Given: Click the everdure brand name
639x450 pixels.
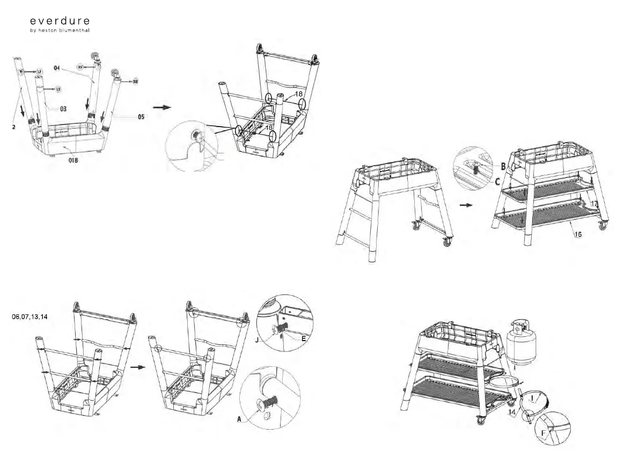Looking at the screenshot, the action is pos(60,21).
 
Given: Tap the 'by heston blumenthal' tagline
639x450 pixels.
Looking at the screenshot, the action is pos(60,31).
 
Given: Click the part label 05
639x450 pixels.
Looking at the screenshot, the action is pos(141,116).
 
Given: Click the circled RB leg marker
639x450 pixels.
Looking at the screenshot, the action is pos(135,82).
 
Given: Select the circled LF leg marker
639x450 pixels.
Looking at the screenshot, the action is pos(39,71).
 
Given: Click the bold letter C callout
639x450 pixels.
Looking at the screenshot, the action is pos(497,181).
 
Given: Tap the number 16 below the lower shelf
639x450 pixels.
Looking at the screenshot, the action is pos(577,234).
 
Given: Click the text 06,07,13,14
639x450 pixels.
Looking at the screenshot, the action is pos(30,317).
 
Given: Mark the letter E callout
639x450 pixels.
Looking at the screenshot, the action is pos(303,340).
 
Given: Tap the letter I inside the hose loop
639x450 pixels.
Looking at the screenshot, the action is pos(532,399).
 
